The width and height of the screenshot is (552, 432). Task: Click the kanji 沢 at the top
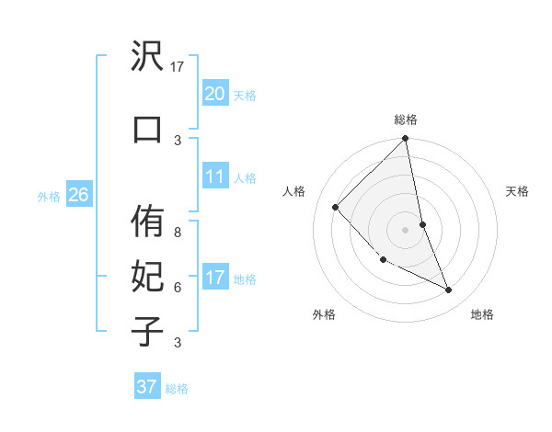click(147, 58)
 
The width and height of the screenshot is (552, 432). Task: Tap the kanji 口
click(147, 128)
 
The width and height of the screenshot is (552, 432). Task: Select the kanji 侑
click(147, 224)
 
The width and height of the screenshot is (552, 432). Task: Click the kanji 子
click(147, 330)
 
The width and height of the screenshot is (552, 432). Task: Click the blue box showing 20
click(214, 93)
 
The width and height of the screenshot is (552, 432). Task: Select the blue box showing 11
click(214, 176)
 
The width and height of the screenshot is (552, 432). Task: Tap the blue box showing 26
click(78, 194)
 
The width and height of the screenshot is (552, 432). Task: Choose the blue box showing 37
click(146, 386)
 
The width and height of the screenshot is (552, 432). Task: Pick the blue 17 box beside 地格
click(214, 278)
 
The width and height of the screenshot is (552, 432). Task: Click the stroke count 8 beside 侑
click(178, 222)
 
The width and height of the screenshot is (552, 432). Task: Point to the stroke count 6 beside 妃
click(178, 287)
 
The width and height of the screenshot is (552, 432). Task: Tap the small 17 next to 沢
click(178, 66)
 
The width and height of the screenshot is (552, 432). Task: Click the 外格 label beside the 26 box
click(49, 196)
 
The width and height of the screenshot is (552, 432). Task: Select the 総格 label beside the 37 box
click(177, 389)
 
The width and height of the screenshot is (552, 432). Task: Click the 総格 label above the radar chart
click(405, 119)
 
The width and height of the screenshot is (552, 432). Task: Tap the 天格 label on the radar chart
click(518, 191)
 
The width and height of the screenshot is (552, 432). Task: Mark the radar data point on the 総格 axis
click(405, 139)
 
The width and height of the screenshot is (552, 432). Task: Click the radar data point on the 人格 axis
click(336, 207)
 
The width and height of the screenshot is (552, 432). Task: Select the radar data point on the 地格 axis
click(449, 290)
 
